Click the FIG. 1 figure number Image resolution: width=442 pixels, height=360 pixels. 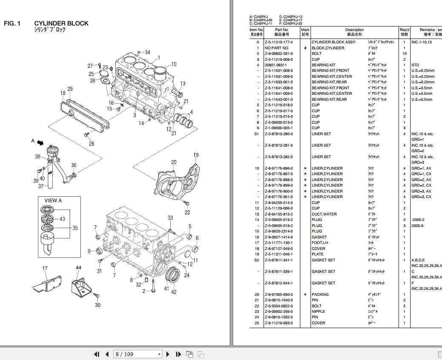(12, 23)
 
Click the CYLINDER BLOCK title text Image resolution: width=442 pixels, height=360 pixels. (61, 23)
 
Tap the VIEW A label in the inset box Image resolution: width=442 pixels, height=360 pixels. (53, 200)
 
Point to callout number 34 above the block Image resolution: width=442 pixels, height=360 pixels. (147, 52)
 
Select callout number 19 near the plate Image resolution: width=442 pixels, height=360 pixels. (196, 155)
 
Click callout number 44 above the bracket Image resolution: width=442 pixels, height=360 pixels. (78, 268)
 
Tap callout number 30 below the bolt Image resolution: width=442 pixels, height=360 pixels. (97, 305)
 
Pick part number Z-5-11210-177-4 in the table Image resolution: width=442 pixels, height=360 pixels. (279, 42)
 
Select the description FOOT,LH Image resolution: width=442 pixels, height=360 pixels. (320, 243)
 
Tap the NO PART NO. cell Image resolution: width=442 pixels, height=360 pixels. (277, 48)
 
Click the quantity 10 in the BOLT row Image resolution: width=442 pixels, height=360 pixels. (404, 54)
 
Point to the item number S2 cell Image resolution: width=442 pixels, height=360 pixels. (257, 260)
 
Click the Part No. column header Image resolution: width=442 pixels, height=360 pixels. (282, 32)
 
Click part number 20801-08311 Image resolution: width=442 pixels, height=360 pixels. (275, 65)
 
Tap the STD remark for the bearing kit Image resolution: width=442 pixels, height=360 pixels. (415, 65)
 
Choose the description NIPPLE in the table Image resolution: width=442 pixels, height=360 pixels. (319, 312)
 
